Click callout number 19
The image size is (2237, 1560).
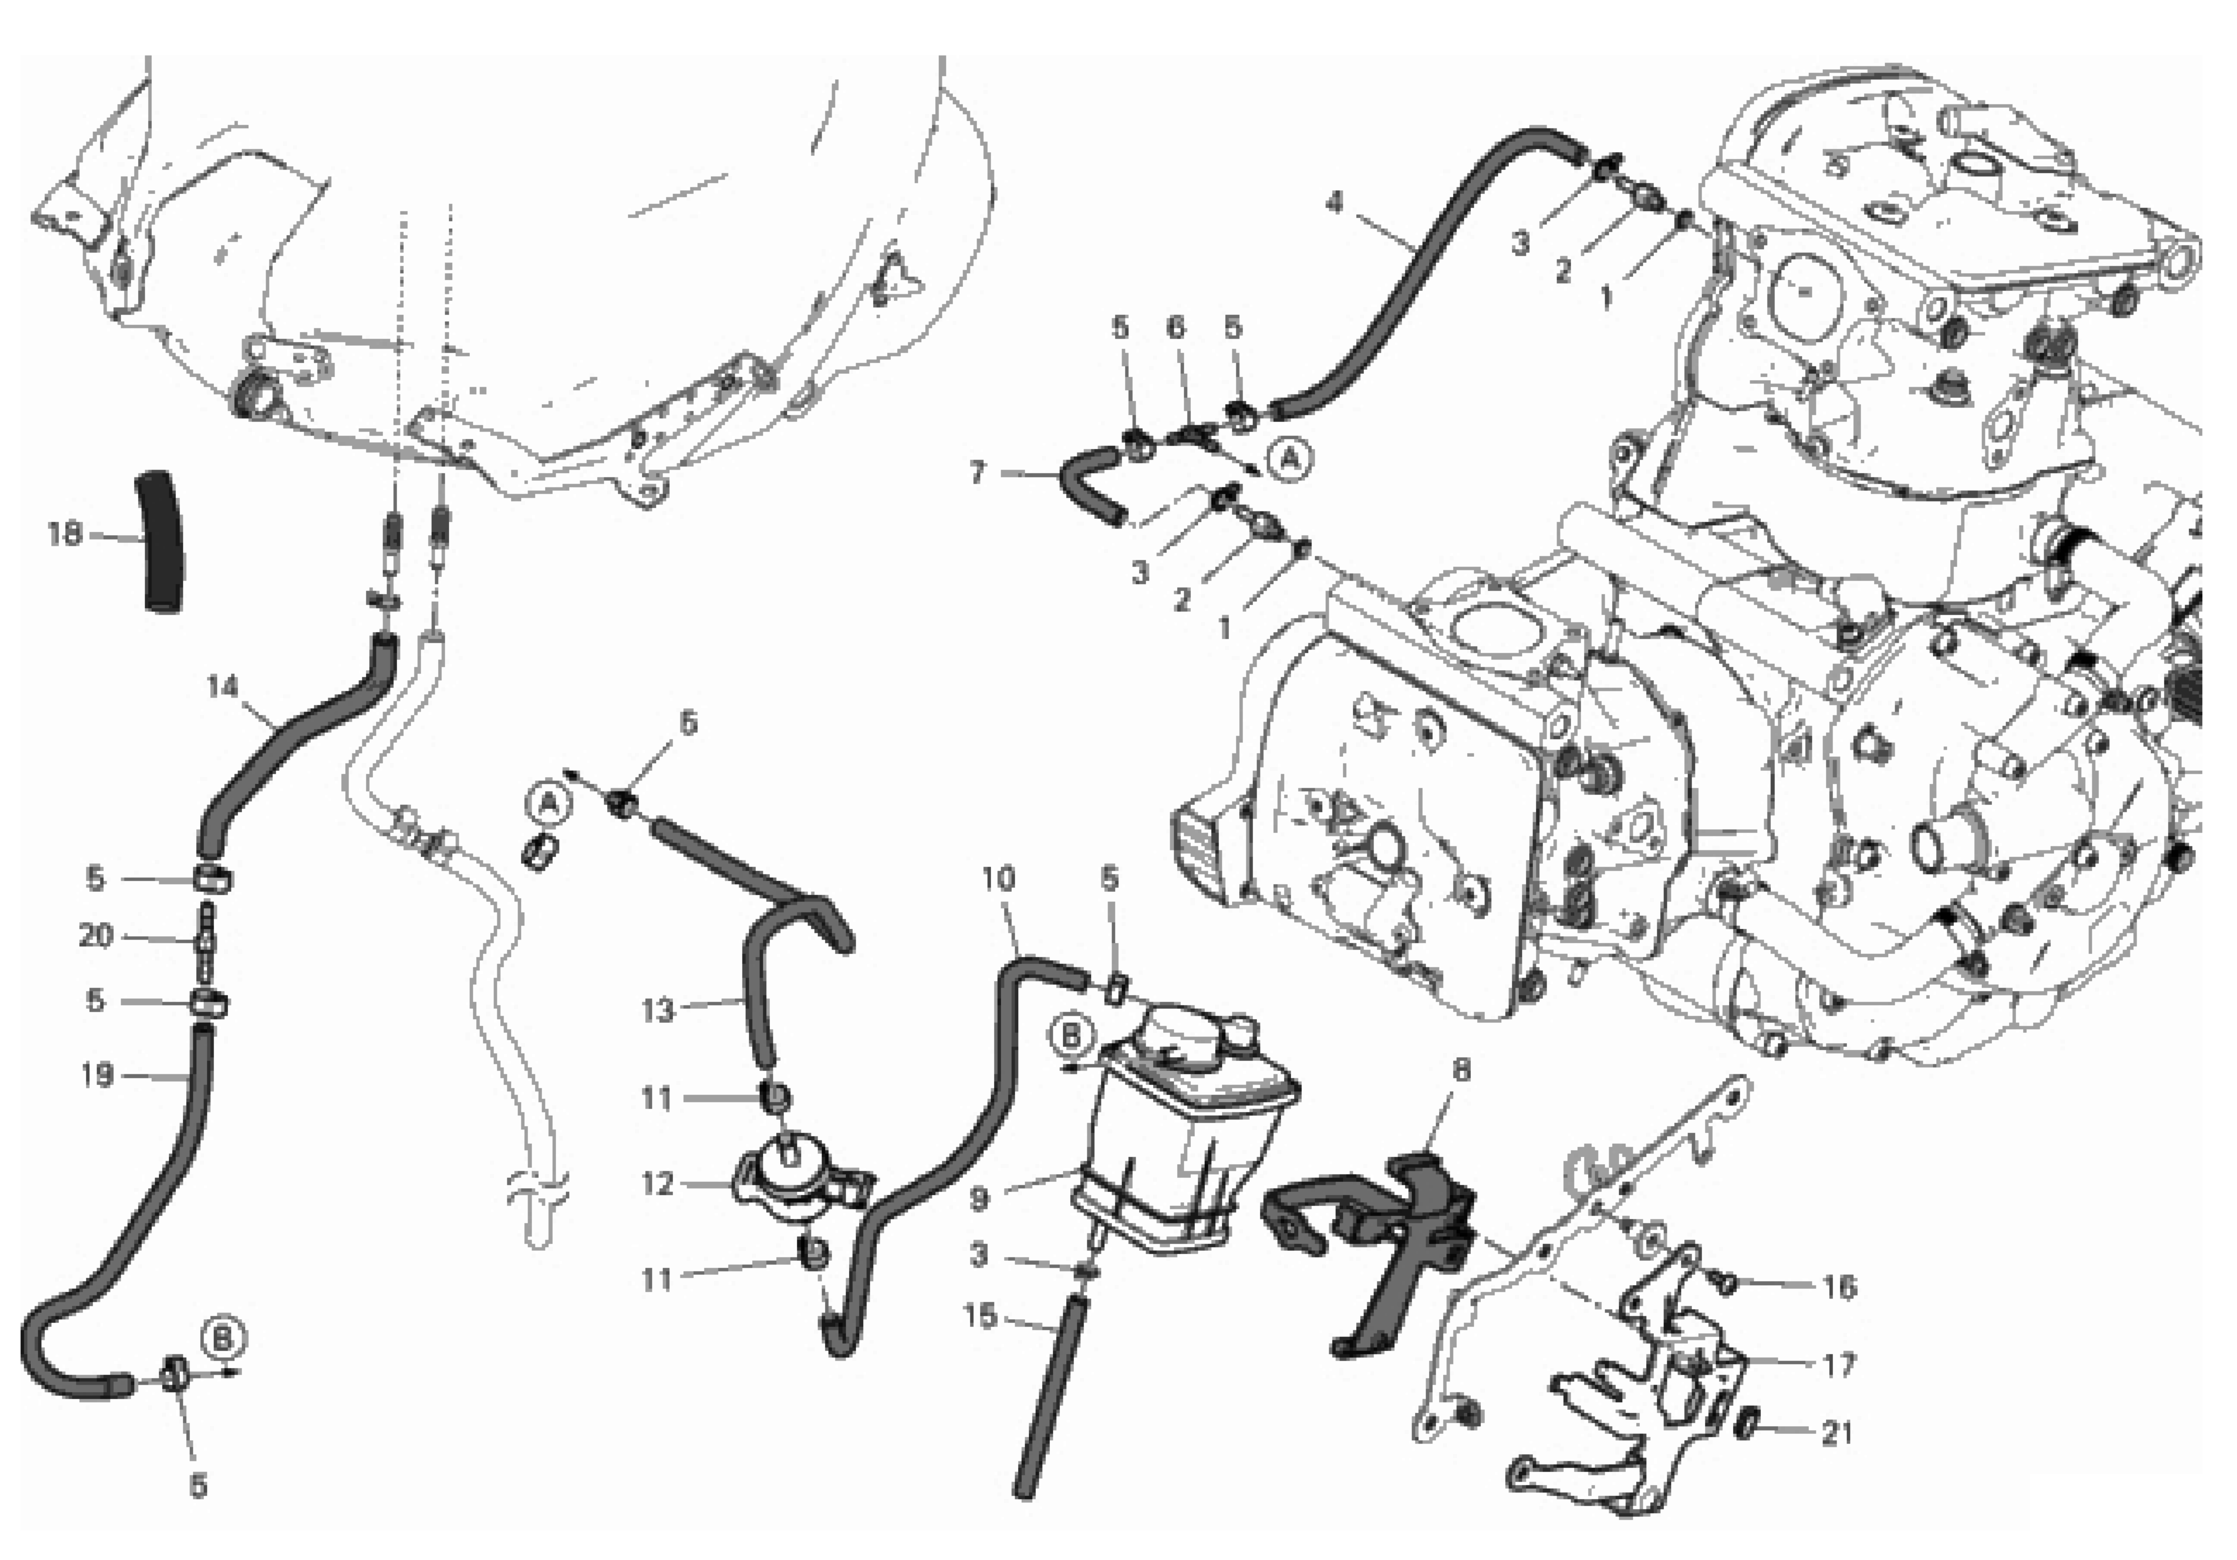[x=96, y=1076]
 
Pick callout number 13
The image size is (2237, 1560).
[x=658, y=1011]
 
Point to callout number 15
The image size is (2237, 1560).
[x=980, y=1316]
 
